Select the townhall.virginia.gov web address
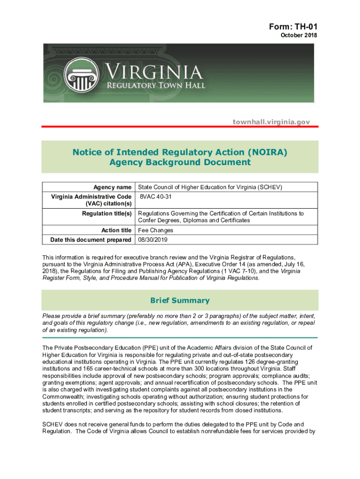272,122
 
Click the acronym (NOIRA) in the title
266,152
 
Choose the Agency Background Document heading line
180,162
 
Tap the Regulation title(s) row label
107,213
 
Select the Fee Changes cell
156,230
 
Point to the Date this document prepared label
91,239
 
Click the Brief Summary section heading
180,300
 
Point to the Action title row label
116,230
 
